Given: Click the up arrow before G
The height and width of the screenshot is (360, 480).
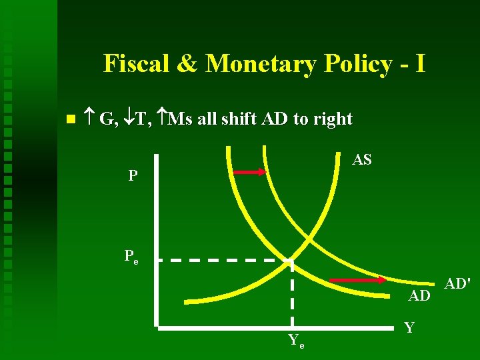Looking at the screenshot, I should (90, 119).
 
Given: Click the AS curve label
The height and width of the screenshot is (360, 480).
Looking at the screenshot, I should (362, 160).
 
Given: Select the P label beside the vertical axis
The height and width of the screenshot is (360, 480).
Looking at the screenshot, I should (133, 176).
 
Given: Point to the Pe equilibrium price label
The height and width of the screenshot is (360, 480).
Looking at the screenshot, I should (131, 257).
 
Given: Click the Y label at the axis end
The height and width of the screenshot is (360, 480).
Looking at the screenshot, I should (409, 327).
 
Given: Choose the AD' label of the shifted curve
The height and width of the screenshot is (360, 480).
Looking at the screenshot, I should (458, 284).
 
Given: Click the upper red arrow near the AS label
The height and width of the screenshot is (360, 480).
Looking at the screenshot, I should (248, 172).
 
